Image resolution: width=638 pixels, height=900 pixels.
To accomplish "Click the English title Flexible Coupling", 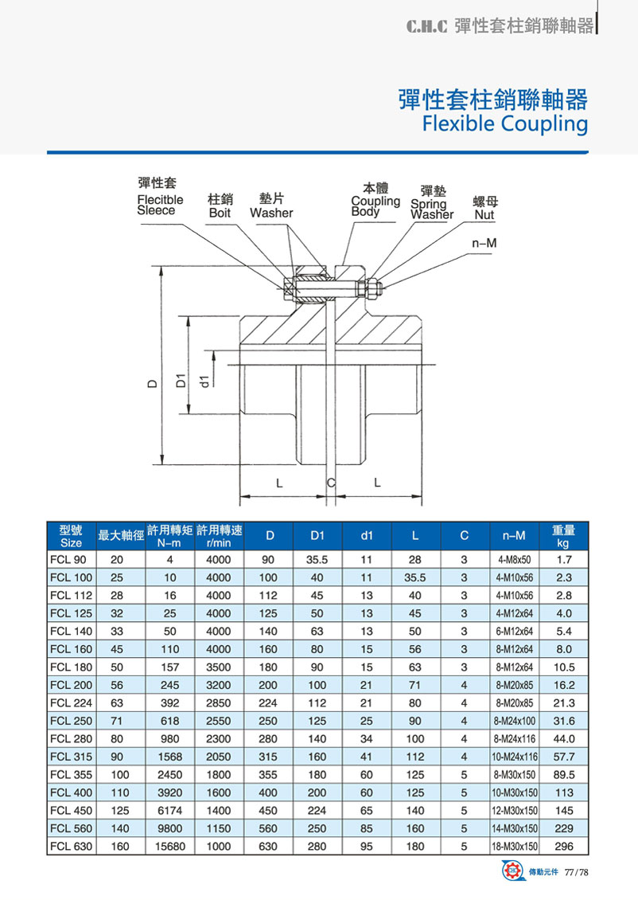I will click(x=505, y=124).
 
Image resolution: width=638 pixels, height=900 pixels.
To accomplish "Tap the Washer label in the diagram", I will click(x=271, y=213).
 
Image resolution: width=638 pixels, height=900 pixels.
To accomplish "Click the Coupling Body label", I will click(x=375, y=206).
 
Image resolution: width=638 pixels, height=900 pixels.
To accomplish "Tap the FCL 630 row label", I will click(x=71, y=847).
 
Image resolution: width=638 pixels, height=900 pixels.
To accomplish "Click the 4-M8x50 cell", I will click(x=515, y=560).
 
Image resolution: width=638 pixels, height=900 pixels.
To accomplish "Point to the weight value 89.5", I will click(x=563, y=775).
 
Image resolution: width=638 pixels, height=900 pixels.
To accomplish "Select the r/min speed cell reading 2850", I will click(x=218, y=703).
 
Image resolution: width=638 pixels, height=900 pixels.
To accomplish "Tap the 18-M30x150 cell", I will click(x=515, y=847).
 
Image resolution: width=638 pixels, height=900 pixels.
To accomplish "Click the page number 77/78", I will click(x=577, y=874).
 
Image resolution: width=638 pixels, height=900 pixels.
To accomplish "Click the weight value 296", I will click(x=563, y=847).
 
